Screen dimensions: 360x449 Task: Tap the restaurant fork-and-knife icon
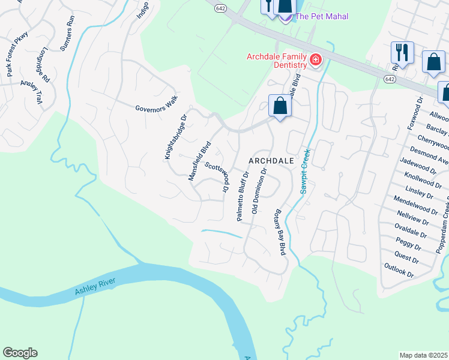[x=402, y=52]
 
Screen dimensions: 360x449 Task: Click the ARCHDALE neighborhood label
[x=271, y=161]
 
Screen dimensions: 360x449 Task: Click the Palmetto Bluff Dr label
[x=243, y=196]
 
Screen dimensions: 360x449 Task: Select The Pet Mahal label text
[x=322, y=16]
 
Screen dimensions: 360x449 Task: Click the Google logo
[x=20, y=352]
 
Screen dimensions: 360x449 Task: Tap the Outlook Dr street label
[x=399, y=271]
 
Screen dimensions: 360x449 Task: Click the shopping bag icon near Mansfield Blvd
[x=280, y=106]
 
